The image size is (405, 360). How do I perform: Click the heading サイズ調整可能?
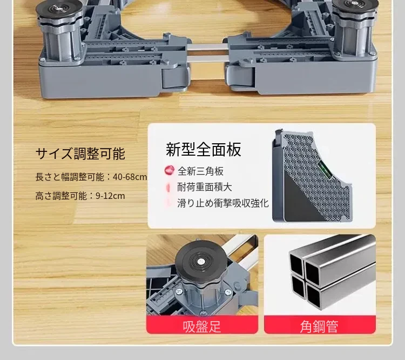[80, 154]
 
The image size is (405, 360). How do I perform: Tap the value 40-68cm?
[130, 177]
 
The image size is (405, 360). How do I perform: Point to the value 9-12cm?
[110, 196]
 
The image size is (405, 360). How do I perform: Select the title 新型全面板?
[204, 149]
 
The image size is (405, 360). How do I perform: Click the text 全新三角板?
[200, 171]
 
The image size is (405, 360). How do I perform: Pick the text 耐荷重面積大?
[205, 187]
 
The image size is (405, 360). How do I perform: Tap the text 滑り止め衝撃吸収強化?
[223, 203]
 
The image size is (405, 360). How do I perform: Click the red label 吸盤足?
[202, 326]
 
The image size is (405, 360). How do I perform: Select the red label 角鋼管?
[319, 326]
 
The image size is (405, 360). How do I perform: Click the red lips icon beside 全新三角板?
[170, 171]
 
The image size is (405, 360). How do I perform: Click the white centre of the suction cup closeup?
[200, 262]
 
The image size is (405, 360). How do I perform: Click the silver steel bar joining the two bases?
[207, 53]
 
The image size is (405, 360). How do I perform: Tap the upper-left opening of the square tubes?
[296, 264]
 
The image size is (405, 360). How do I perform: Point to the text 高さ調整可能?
[61, 196]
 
